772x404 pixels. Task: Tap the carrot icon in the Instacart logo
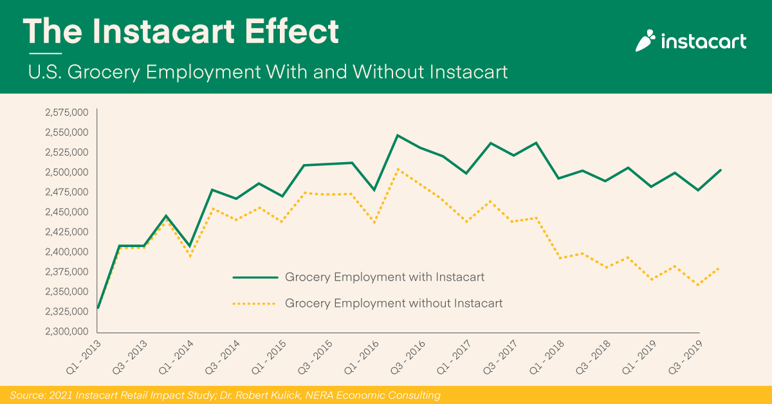click(645, 42)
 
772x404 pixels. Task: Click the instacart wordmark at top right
click(704, 42)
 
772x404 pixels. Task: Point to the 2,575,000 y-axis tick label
click(66, 113)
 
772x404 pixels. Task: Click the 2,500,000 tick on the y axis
click(66, 172)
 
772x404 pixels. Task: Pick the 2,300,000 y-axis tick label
click(66, 332)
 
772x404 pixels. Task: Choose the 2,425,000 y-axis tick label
click(66, 232)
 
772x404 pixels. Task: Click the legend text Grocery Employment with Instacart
click(384, 277)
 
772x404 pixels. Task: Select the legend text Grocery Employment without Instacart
click(393, 302)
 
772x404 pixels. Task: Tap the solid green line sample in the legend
click(255, 277)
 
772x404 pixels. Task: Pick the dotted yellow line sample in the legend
click(255, 302)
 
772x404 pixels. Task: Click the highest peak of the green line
click(398, 135)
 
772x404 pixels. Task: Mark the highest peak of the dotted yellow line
click(398, 169)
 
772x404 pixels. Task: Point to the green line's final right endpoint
click(721, 170)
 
